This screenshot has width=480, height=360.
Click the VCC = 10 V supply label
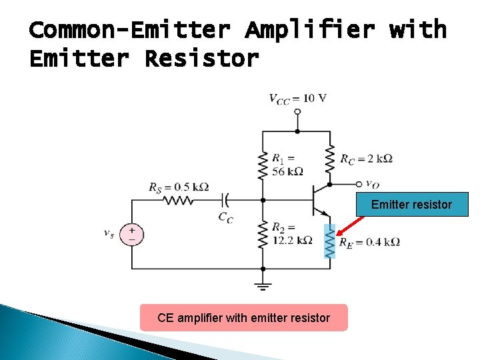tap(297, 98)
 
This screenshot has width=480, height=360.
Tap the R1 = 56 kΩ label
tap(287, 165)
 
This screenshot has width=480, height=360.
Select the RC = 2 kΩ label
tap(366, 159)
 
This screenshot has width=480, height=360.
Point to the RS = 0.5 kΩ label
tap(179, 187)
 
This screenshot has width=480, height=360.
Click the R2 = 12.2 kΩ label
tap(291, 233)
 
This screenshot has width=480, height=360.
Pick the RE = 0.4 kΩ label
tap(369, 243)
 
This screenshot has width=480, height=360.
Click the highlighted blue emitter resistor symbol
tap(329, 241)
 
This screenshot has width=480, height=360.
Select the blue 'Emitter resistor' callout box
tap(411, 205)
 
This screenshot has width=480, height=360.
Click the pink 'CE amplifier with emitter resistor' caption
tap(243, 318)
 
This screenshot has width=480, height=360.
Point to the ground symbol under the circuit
tap(263, 286)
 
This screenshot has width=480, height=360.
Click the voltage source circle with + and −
tap(131, 234)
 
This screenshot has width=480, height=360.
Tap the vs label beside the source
tap(108, 234)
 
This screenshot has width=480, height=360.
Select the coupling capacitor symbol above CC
tap(225, 199)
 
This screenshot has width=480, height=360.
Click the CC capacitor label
tap(225, 217)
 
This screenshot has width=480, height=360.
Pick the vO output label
tap(372, 185)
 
